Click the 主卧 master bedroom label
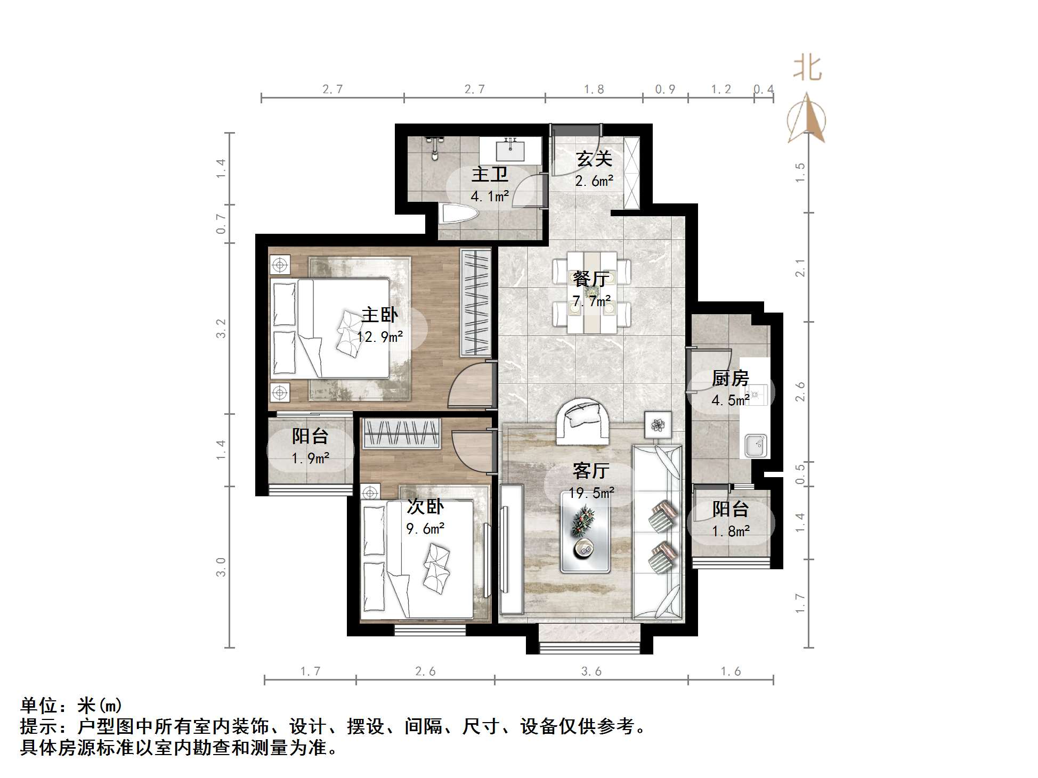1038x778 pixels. [379, 315]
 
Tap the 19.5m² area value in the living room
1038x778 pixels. [591, 493]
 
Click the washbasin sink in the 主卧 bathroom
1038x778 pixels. [510, 150]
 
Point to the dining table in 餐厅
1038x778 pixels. [591, 292]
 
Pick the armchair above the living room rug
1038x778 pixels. [582, 421]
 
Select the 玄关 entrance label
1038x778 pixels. [594, 159]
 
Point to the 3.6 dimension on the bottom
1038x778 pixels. [591, 671]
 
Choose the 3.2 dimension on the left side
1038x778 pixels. [221, 328]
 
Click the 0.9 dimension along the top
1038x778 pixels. [665, 89]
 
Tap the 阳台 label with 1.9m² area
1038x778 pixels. [310, 436]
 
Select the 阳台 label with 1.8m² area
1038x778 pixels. [730, 509]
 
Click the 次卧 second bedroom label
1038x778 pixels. [425, 506]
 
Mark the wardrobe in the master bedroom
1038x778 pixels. [475, 302]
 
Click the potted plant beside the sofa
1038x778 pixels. [659, 424]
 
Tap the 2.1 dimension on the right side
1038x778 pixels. [800, 267]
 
